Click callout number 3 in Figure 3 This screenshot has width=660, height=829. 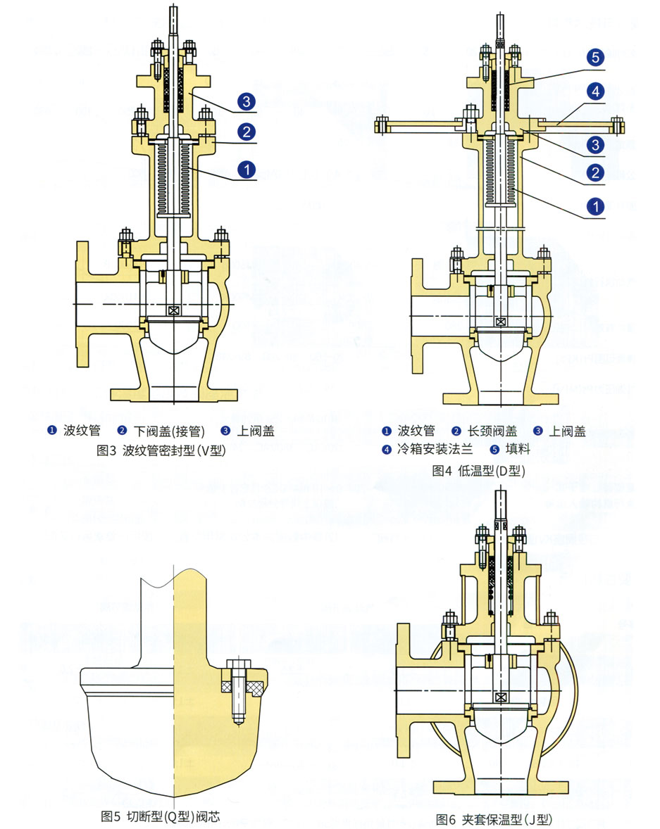point(246,101)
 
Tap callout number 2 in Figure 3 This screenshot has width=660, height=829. point(246,132)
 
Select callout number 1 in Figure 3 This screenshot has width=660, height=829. point(246,169)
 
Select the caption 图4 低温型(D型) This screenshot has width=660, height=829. point(479,471)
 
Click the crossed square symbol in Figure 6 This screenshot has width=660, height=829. point(500,697)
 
